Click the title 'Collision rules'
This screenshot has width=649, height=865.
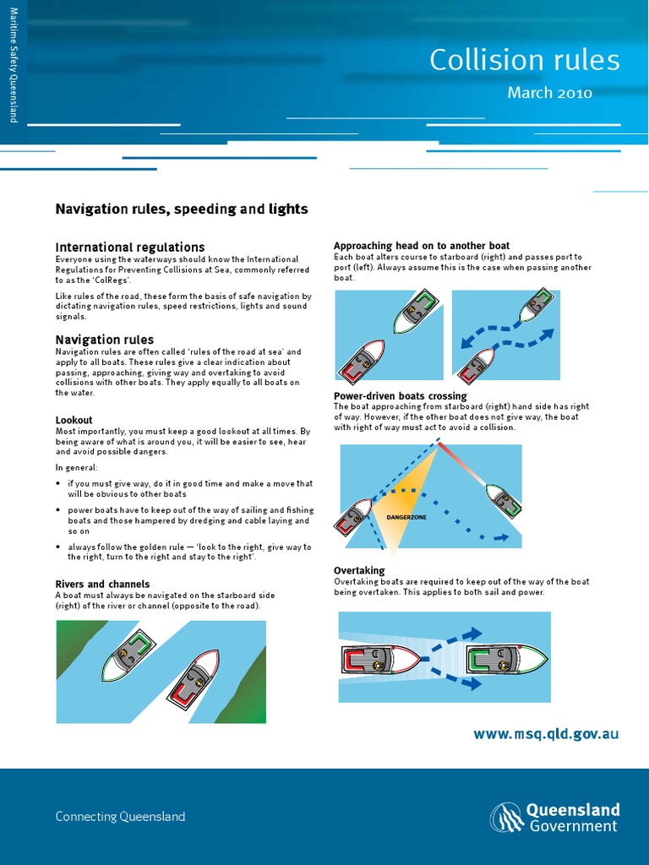524,60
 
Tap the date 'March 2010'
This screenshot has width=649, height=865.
549,93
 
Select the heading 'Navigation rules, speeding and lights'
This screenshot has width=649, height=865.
182,209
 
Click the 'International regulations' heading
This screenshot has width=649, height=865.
130,247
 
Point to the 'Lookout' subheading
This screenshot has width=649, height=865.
74,420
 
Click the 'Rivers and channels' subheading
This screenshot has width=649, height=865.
102,584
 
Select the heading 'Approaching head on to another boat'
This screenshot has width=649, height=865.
422,246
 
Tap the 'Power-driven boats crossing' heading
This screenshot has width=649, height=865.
400,396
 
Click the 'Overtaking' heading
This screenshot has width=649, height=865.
359,571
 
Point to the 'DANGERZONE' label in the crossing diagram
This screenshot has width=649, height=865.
406,517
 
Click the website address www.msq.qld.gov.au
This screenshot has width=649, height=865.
546,734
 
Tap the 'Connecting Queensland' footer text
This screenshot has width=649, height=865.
120,816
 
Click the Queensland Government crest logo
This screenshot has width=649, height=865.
506,818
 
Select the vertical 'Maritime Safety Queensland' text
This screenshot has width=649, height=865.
14,63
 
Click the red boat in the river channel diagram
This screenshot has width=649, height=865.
193,677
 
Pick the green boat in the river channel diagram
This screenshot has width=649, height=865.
129,655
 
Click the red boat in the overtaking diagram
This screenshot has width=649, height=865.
379,659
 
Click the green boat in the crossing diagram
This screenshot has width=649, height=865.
504,500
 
